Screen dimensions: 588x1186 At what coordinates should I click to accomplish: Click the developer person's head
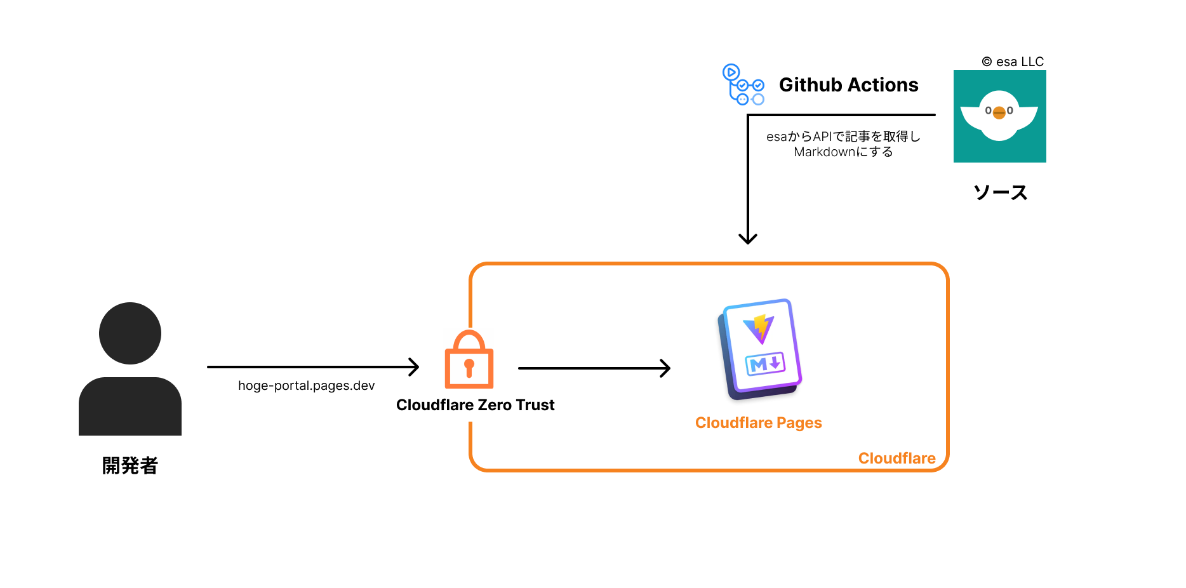tap(130, 333)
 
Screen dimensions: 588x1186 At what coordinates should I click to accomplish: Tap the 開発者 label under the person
tap(130, 465)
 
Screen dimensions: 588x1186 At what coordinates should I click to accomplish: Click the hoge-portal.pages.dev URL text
tap(306, 385)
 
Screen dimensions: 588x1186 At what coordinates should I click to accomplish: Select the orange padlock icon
tap(469, 360)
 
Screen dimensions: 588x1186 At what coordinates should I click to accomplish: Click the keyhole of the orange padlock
tap(469, 366)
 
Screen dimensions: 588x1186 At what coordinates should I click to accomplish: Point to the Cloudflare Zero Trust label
tap(475, 405)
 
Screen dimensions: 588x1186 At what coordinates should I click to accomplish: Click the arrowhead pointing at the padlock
tap(415, 367)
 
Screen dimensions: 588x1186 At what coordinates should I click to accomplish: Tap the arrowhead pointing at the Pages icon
tap(666, 368)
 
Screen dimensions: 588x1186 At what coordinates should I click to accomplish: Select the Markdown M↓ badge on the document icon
tap(765, 364)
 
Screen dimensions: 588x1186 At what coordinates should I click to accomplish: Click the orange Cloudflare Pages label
tap(758, 423)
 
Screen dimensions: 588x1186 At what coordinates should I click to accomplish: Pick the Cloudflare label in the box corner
tap(896, 458)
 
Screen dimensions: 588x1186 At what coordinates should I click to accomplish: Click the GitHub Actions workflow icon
tap(743, 84)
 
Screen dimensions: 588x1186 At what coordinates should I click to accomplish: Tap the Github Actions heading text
tap(848, 85)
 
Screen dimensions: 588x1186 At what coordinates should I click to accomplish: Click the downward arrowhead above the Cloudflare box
tap(748, 239)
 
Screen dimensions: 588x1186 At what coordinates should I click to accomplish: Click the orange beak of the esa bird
tap(999, 113)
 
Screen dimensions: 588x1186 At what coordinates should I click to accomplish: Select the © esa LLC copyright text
tap(1013, 62)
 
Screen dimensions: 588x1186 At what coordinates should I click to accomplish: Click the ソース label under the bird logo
tap(1000, 192)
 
